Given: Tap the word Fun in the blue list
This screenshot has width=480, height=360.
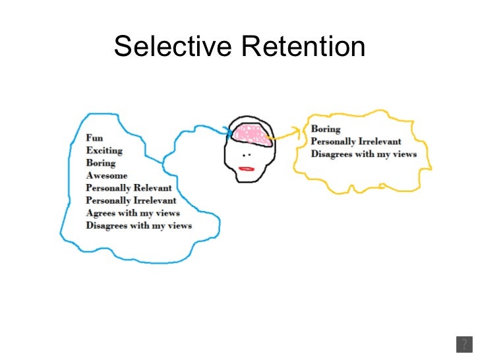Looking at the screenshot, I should [94, 138].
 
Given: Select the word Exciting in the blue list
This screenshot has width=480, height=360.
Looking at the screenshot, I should [104, 151].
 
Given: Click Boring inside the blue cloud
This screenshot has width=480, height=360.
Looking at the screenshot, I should [100, 163].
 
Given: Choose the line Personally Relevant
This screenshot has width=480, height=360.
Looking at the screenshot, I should [129, 188].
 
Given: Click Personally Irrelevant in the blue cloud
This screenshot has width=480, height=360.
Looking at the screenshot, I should [131, 200].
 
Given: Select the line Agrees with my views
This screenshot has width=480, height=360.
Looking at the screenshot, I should [133, 213].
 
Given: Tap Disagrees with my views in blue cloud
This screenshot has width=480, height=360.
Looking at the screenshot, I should [138, 225].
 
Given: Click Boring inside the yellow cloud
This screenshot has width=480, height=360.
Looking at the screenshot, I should [326, 129].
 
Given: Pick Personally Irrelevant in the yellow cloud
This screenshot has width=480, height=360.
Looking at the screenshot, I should [356, 142].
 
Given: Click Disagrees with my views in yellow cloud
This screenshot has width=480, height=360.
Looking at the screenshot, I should [364, 154].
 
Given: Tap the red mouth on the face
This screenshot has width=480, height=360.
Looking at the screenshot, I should [247, 169].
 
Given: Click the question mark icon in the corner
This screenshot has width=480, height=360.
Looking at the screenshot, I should [464, 345].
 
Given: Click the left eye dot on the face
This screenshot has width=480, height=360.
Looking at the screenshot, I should [243, 155].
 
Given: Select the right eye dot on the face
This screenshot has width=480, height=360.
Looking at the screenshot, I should [251, 156].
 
